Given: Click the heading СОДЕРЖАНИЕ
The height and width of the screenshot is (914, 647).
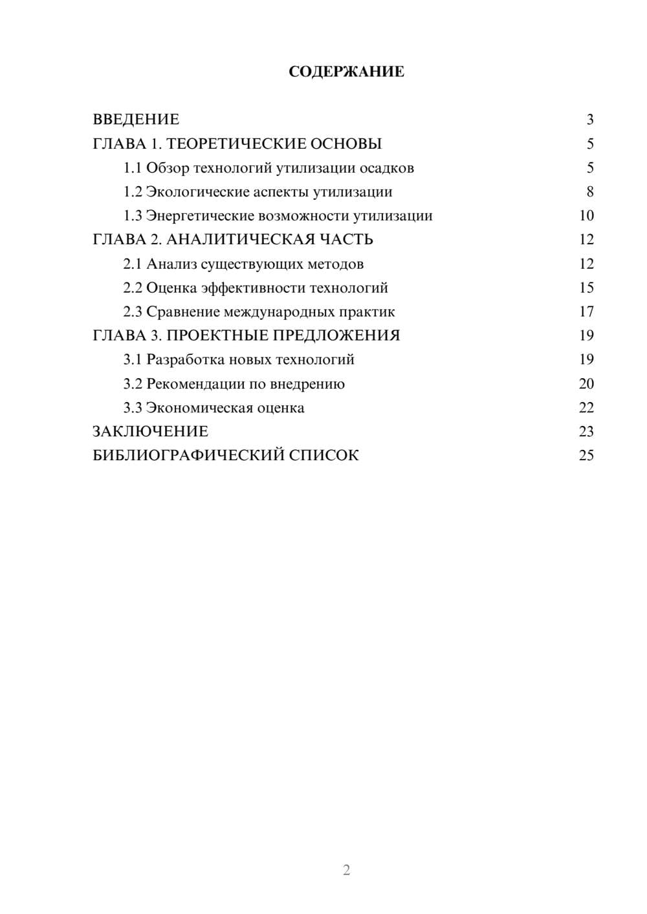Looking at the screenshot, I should pyautogui.click(x=346, y=72).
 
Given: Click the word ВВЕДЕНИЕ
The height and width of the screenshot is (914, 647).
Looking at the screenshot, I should pyautogui.click(x=136, y=120).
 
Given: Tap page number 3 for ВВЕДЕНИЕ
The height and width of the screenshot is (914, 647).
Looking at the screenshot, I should pyautogui.click(x=589, y=120).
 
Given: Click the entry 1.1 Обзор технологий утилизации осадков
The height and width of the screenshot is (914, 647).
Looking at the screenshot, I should pyautogui.click(x=269, y=168).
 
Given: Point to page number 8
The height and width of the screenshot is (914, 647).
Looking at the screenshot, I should pyautogui.click(x=589, y=192).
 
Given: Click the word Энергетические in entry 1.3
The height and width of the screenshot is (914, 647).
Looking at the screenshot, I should pyautogui.click(x=199, y=216).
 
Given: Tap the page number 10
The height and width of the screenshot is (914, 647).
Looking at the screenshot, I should pyautogui.click(x=586, y=216).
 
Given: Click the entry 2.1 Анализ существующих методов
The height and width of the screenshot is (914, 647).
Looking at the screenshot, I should pyautogui.click(x=243, y=264).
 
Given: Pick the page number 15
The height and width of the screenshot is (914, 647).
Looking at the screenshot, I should pyautogui.click(x=586, y=288).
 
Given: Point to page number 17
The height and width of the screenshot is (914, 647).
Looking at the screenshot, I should pyautogui.click(x=586, y=312).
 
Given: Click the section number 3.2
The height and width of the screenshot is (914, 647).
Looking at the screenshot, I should pyautogui.click(x=132, y=384).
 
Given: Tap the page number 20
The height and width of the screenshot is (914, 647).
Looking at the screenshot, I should pyautogui.click(x=586, y=384).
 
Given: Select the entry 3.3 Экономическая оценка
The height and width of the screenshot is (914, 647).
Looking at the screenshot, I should pyautogui.click(x=214, y=408).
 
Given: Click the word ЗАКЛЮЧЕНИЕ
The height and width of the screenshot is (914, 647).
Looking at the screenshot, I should pyautogui.click(x=150, y=431).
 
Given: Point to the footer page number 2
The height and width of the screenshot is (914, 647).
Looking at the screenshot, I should pyautogui.click(x=346, y=870).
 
